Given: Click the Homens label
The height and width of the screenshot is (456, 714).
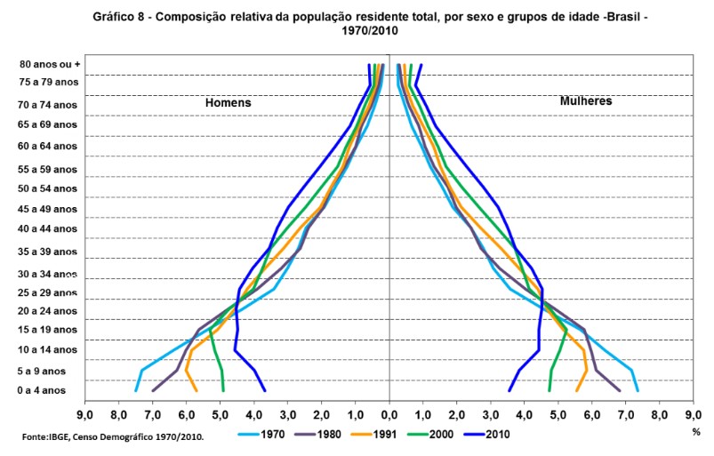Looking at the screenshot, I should pyautogui.click(x=229, y=102).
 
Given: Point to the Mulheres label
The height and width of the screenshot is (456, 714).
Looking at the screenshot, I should pyautogui.click(x=586, y=101).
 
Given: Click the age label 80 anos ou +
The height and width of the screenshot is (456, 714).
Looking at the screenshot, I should pyautogui.click(x=50, y=64).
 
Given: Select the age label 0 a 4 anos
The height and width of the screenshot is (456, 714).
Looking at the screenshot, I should pyautogui.click(x=42, y=390).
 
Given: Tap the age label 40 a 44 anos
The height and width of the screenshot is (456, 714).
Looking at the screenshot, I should pyautogui.click(x=48, y=228).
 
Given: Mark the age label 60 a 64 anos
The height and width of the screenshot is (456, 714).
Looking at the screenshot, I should pyautogui.click(x=48, y=146).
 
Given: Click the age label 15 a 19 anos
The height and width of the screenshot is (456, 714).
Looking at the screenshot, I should pyautogui.click(x=48, y=330).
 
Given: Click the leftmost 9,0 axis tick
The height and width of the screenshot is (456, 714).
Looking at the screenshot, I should pyautogui.click(x=85, y=414).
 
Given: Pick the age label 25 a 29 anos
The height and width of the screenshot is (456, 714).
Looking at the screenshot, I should pyautogui.click(x=48, y=292).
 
